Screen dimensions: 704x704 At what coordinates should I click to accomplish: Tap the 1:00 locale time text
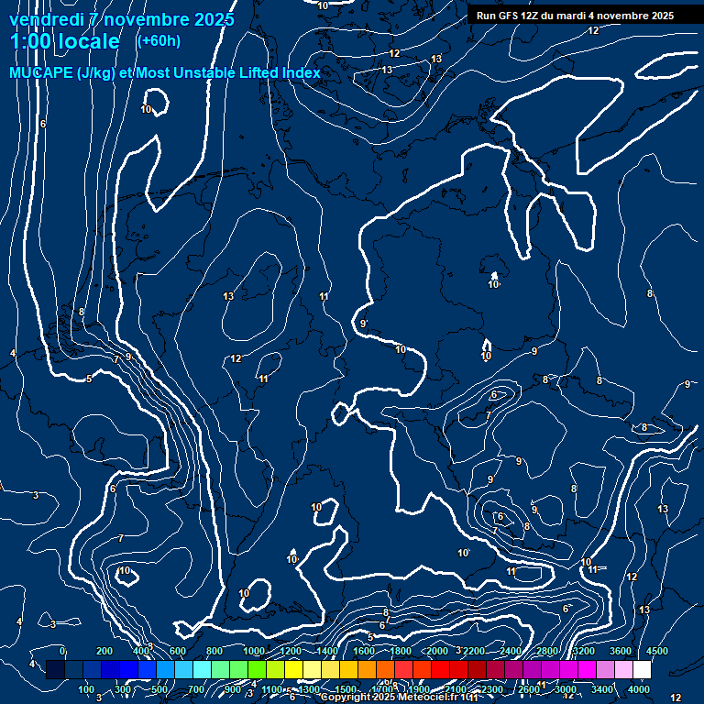[x=65, y=41]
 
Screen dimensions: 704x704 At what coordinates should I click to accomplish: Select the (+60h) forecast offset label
[x=159, y=40]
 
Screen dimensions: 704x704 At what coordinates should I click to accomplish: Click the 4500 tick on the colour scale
[x=658, y=651]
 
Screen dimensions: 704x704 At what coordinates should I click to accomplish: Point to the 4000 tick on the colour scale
[x=640, y=689]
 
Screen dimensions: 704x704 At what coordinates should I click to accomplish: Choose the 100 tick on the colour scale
[x=87, y=689]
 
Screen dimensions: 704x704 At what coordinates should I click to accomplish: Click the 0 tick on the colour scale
[x=62, y=651]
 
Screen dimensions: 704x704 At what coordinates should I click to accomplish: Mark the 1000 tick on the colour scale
[x=254, y=651]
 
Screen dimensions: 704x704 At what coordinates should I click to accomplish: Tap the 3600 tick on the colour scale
[x=621, y=651]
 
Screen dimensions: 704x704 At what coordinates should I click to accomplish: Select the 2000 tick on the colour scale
[x=437, y=651]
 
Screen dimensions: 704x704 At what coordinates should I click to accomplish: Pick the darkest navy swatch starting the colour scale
[x=55, y=670]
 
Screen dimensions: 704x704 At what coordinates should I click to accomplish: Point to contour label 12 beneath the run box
[x=593, y=30]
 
